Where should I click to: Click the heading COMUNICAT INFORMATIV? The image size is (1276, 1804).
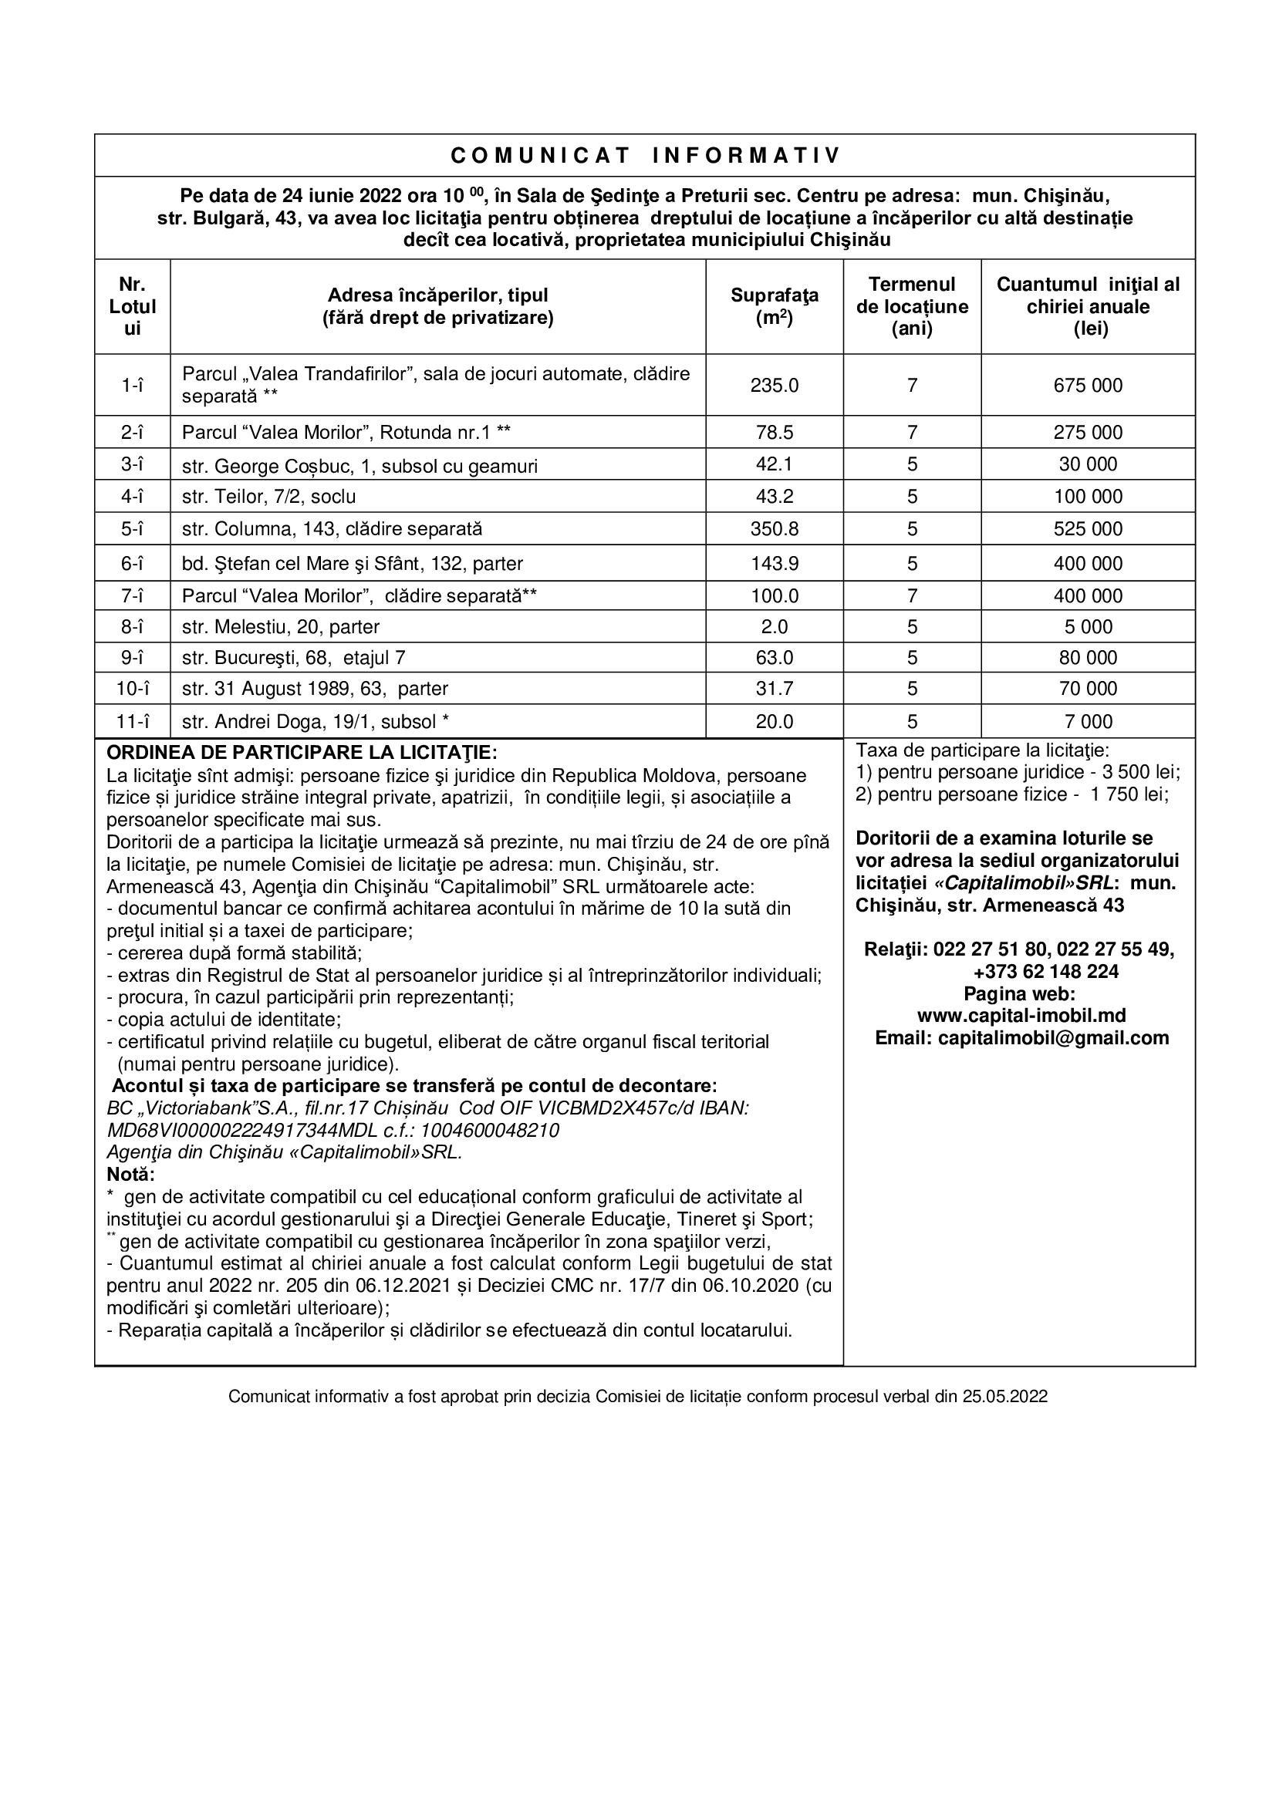click(x=644, y=156)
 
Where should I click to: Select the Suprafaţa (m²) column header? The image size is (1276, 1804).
click(x=774, y=306)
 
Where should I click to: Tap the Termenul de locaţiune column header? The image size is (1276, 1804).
click(x=911, y=306)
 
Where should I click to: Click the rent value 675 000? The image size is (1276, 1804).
click(x=1088, y=385)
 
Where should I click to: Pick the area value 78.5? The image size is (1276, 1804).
click(x=774, y=432)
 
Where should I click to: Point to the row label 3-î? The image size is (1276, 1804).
click(x=132, y=464)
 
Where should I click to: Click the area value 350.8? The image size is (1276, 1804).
click(x=774, y=529)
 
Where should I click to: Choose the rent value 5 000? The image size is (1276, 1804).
click(x=1088, y=627)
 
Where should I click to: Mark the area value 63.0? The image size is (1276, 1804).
click(x=774, y=658)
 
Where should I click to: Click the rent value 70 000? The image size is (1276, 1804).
click(x=1088, y=689)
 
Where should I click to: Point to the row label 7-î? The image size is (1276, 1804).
click(x=132, y=595)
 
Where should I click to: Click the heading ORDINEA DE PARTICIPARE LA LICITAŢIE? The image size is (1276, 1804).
click(x=302, y=752)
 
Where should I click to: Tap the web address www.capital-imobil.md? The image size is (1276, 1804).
click(x=1021, y=1015)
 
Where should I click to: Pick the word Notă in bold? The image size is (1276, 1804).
click(x=130, y=1175)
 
